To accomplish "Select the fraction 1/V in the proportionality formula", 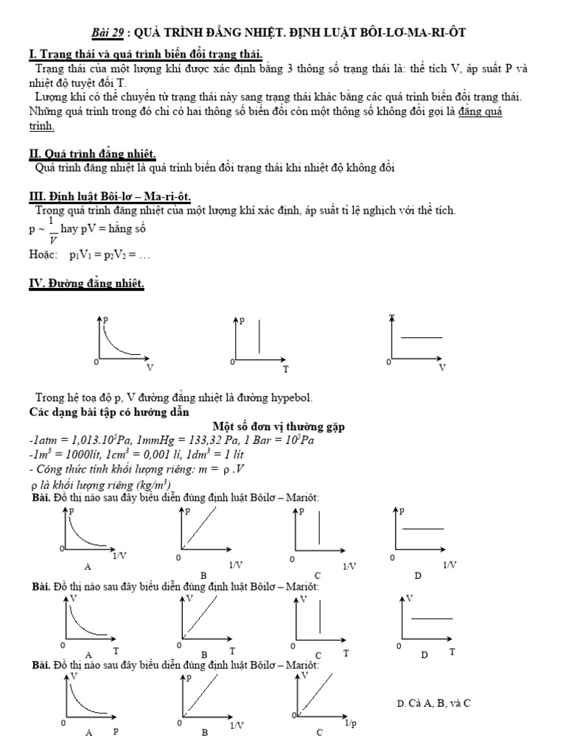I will coord(52,229).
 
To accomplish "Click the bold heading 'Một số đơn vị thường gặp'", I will coord(279,426).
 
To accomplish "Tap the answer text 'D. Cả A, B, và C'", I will coord(433,703).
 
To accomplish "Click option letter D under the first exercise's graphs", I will coord(417,575).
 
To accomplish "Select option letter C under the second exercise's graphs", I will coord(318,655).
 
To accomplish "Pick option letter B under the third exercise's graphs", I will coord(205,733).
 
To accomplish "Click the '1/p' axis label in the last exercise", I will coord(352,724).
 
